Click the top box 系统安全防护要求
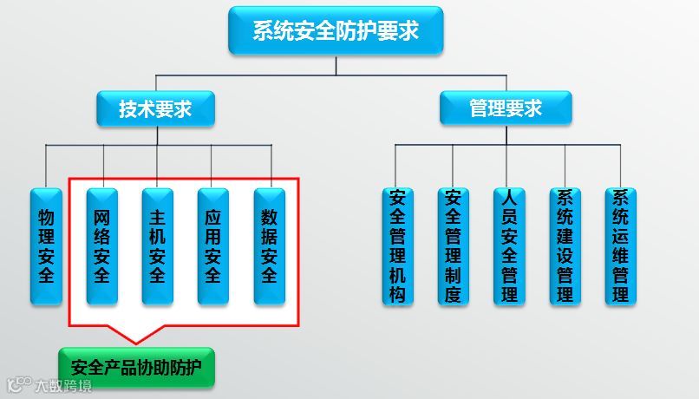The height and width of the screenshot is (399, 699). tap(336, 31)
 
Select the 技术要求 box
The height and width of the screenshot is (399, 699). tap(155, 109)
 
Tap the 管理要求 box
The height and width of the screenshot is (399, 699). tap(506, 108)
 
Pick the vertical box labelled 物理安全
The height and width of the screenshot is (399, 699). tap(46, 245)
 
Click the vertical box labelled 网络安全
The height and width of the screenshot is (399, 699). tap(102, 245)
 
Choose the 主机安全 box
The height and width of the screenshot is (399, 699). tap(157, 245)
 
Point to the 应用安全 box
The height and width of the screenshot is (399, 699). tap(212, 245)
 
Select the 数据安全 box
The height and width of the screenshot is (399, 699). tap(269, 245)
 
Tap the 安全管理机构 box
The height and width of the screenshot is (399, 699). tap(397, 245)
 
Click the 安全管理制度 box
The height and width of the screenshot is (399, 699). tap(453, 245)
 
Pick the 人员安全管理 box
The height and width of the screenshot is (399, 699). tap(509, 245)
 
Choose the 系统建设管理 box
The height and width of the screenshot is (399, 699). tap(565, 245)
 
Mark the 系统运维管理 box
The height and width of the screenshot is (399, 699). tap(620, 245)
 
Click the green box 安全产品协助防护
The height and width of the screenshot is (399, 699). tap(136, 367)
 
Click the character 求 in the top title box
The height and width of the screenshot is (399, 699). tap(408, 31)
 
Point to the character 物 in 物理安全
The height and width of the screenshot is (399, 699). tap(46, 214)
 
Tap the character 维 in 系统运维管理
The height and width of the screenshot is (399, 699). tap(620, 255)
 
